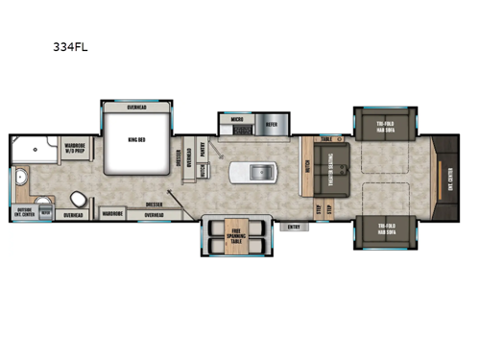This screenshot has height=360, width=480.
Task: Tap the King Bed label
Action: (137, 138)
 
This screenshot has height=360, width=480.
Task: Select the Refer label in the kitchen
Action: (272, 124)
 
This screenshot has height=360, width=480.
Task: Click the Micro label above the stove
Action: (237, 122)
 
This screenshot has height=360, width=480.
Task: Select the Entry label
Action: (294, 228)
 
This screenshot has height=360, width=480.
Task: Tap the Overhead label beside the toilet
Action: (73, 216)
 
